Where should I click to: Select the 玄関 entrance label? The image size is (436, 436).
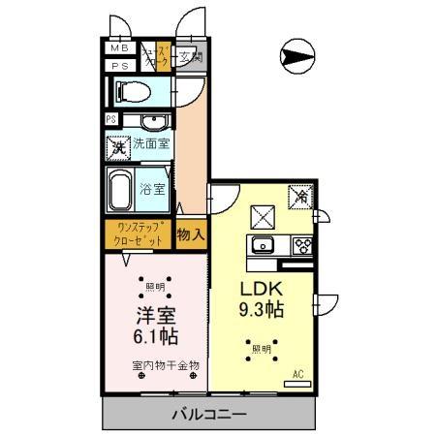tap(190, 56)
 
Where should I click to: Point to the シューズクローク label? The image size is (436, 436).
tap(155, 56)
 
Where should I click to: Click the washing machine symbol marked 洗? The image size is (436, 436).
tap(117, 149)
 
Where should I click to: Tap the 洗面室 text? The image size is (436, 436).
tap(150, 148)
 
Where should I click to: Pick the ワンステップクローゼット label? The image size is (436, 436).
tap(139, 234)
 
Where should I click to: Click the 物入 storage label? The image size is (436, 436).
tap(191, 234)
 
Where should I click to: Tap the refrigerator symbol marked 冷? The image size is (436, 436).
tap(300, 198)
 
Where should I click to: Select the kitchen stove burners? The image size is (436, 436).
tap(300, 244)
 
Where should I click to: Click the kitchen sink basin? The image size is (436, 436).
tap(262, 244)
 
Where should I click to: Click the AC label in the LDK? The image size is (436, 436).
tap(298, 373)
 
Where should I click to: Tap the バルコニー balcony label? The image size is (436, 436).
tap(208, 415)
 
